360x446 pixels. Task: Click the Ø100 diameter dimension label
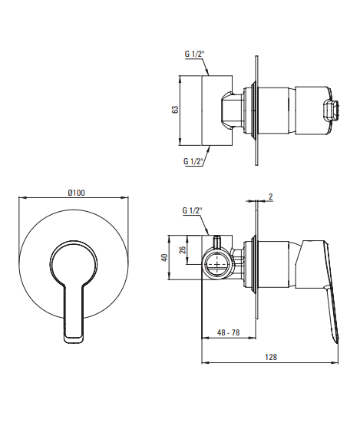pos(76,193)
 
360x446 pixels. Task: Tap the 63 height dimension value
pos(176,110)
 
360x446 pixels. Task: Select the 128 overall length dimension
pos(271,357)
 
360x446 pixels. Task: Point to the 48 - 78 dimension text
pos(228,332)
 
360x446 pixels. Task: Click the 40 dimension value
pos(164,258)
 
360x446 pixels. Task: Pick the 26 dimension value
pos(183,249)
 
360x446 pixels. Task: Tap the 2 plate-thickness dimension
pos(270,197)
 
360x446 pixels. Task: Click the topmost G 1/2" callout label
pos(193,54)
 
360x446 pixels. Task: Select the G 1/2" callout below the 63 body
pos(193,161)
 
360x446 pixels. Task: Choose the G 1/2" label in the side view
pos(192,210)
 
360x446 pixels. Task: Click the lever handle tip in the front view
pos(74,339)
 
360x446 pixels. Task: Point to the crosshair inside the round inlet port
pos(218,265)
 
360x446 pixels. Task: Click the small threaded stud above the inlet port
pos(218,240)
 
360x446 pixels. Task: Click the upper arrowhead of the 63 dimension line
pos(180,78)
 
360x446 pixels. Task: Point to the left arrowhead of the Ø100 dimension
pos(21,197)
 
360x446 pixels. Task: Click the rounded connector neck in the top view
pos(231,110)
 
